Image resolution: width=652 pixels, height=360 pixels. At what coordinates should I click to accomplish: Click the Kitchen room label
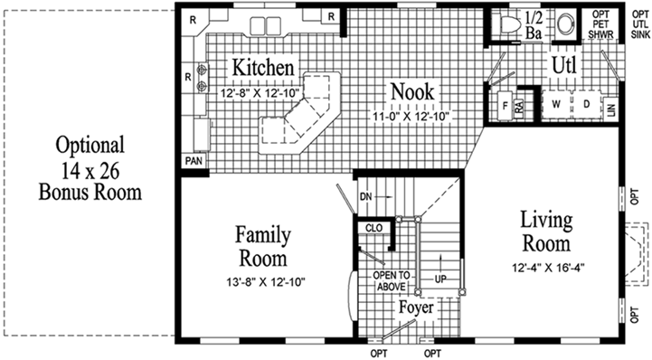click(263, 69)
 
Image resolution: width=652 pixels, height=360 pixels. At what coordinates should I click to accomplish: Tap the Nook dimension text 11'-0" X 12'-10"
click(412, 116)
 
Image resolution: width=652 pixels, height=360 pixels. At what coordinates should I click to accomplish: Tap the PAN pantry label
click(194, 160)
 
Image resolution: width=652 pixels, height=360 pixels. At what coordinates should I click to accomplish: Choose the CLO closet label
click(373, 228)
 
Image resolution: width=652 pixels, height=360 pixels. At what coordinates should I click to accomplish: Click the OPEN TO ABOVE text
click(391, 281)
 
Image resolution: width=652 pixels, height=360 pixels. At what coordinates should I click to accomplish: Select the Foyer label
click(416, 308)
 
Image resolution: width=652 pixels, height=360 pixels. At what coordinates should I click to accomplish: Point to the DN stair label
click(365, 194)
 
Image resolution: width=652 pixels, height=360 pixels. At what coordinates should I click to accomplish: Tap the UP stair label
click(440, 279)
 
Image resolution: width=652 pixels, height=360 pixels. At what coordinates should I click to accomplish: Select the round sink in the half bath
click(567, 24)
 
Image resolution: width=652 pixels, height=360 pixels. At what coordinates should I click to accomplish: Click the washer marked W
click(556, 103)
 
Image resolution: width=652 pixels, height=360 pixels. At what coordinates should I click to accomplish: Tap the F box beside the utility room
click(503, 104)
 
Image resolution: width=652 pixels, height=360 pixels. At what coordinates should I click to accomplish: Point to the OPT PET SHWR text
click(601, 24)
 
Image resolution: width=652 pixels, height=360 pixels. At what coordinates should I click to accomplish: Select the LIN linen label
click(612, 108)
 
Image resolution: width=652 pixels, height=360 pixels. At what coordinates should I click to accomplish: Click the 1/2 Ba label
click(534, 25)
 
